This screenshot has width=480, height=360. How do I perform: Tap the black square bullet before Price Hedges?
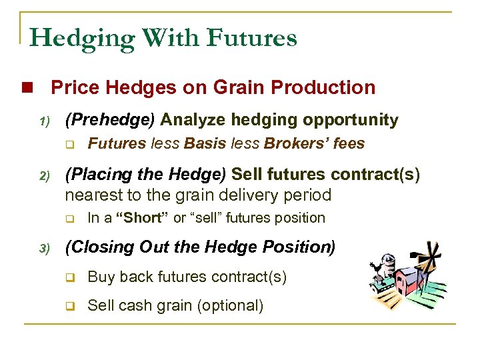tap(27, 88)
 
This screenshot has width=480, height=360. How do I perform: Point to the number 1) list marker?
tap(43, 121)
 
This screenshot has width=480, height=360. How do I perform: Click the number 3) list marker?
tap(43, 249)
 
